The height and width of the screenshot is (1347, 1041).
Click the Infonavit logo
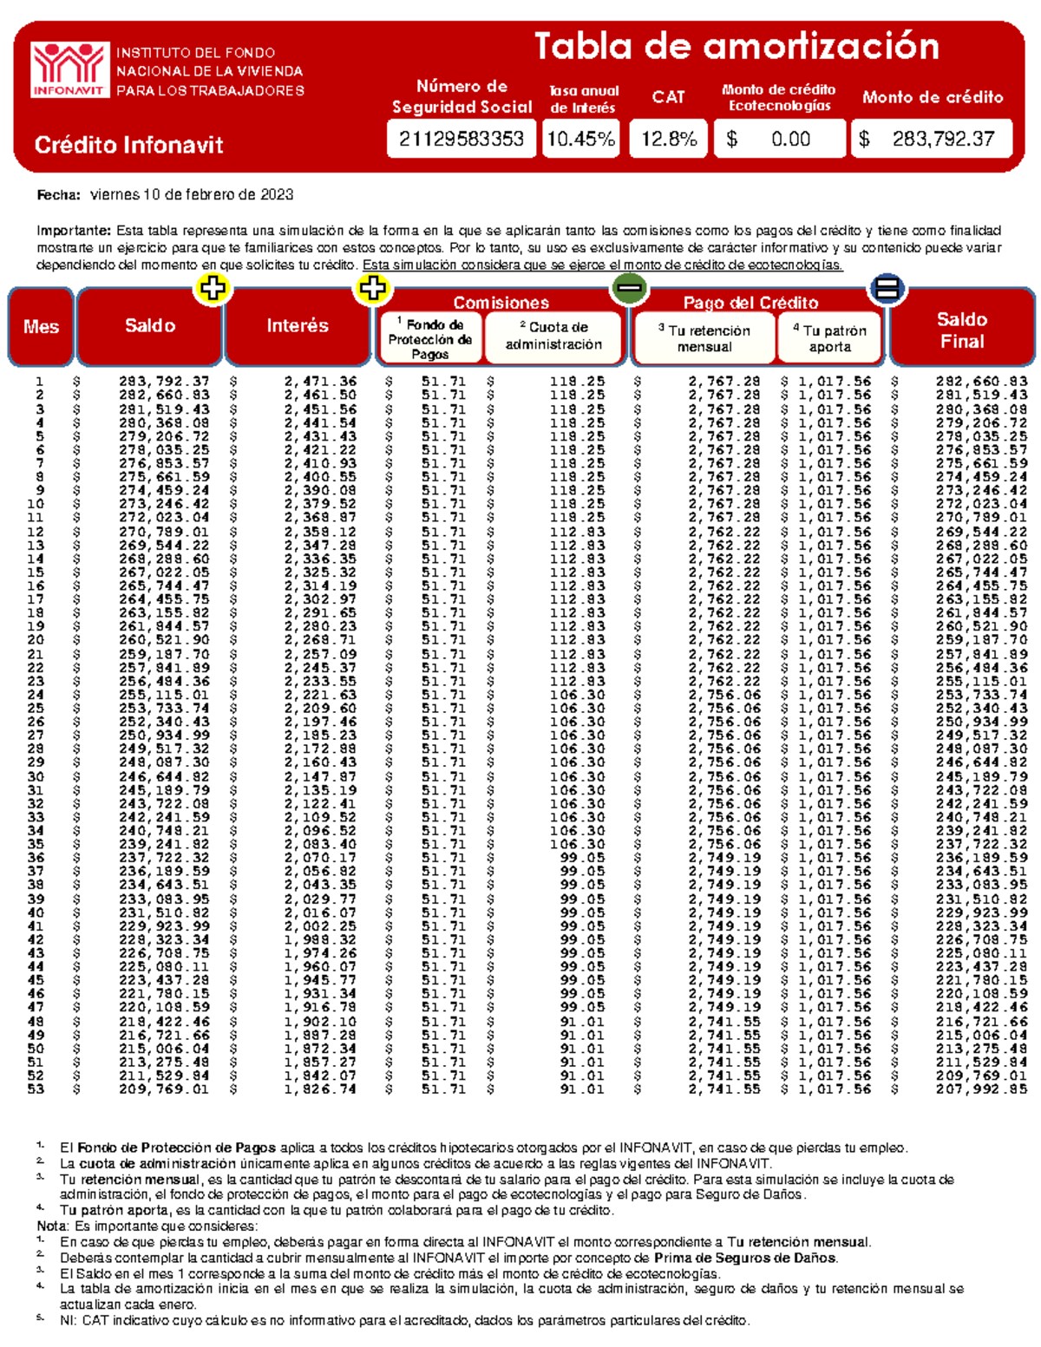(x=69, y=69)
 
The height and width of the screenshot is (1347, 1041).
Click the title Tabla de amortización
(x=736, y=47)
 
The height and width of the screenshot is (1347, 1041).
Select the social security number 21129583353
(x=461, y=139)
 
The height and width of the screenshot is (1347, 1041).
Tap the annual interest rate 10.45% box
(x=580, y=139)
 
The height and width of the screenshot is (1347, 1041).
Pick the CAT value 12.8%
(x=668, y=139)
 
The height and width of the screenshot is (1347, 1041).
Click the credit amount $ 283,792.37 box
(x=933, y=139)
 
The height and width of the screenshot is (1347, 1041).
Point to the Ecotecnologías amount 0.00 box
(x=779, y=139)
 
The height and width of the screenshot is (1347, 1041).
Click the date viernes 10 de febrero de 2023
(x=191, y=195)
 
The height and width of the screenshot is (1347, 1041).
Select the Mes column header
(x=41, y=327)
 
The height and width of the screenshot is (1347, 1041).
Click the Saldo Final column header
(x=961, y=330)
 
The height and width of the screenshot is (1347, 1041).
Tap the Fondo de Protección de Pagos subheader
(x=429, y=338)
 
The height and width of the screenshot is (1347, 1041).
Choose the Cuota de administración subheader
(x=553, y=336)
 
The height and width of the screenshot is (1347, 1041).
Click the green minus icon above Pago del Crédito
(x=628, y=288)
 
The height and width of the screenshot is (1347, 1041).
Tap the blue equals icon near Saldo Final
(x=887, y=288)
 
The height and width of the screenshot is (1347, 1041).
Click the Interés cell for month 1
(x=320, y=382)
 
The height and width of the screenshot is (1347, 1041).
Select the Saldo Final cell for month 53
(x=981, y=1089)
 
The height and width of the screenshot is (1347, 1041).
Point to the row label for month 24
(x=36, y=695)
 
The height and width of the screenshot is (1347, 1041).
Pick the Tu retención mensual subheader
(x=704, y=338)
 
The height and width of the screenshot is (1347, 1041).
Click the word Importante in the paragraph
(x=73, y=231)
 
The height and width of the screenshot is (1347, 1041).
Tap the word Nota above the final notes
(x=53, y=1226)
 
